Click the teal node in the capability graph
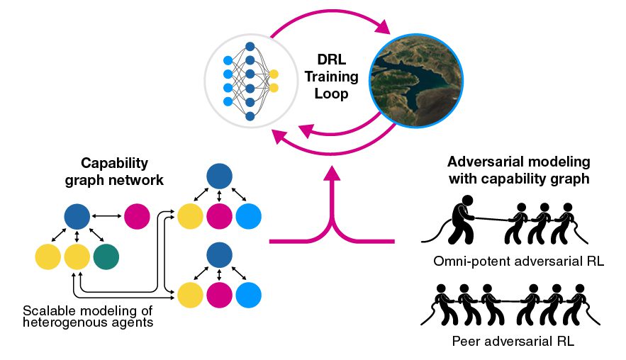pyautogui.click(x=106, y=257)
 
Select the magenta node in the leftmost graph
pyautogui.click(x=136, y=217)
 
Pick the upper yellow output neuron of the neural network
pyautogui.click(x=274, y=74)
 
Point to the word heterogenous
pyautogui.click(x=59, y=323)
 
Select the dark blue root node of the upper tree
pyautogui.click(x=219, y=176)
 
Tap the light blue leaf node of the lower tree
pyautogui.click(x=248, y=293)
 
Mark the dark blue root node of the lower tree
pyautogui.click(x=219, y=255)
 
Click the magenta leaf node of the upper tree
pyautogui.click(x=219, y=215)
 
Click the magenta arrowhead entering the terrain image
pyautogui.click(x=384, y=30)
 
